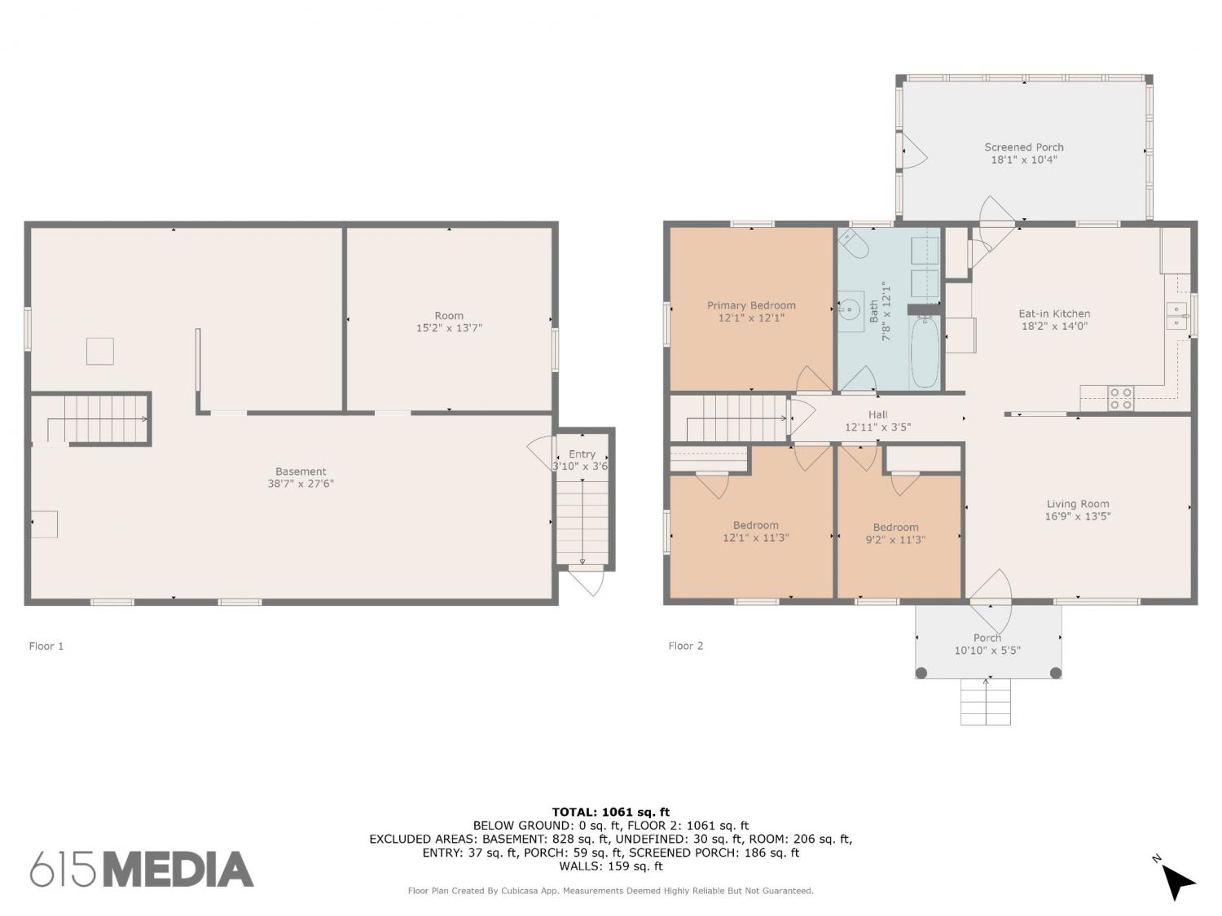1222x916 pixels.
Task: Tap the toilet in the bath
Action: click(853, 245)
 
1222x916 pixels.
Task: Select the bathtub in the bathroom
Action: click(925, 352)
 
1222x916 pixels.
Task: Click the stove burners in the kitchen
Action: click(1121, 398)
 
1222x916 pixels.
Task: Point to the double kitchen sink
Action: click(1177, 316)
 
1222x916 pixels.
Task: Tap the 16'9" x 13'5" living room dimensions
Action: click(1078, 516)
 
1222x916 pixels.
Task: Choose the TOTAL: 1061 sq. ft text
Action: click(611, 813)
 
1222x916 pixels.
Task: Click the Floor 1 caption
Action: click(46, 646)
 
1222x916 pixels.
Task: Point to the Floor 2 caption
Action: click(686, 646)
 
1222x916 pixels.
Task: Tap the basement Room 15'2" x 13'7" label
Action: click(449, 322)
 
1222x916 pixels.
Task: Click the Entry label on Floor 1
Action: click(582, 454)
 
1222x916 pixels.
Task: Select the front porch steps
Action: click(986, 702)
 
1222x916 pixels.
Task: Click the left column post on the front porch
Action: click(921, 673)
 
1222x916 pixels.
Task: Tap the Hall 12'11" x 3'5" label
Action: click(878, 421)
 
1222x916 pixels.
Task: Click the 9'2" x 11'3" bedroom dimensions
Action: click(896, 540)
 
